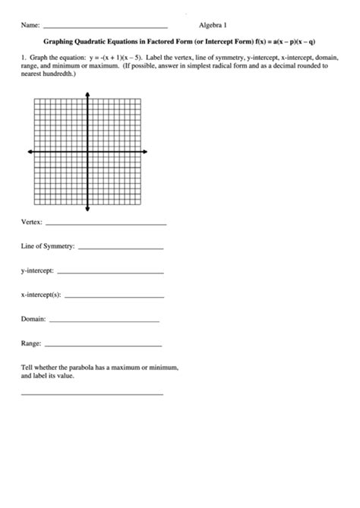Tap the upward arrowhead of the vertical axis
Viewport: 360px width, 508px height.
(x=88, y=95)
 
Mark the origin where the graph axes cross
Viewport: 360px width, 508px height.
(x=88, y=151)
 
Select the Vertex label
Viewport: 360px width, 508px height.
(x=32, y=223)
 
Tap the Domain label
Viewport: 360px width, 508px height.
(x=34, y=319)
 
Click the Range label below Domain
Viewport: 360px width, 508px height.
(x=31, y=343)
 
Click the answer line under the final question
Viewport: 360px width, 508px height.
(x=92, y=394)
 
